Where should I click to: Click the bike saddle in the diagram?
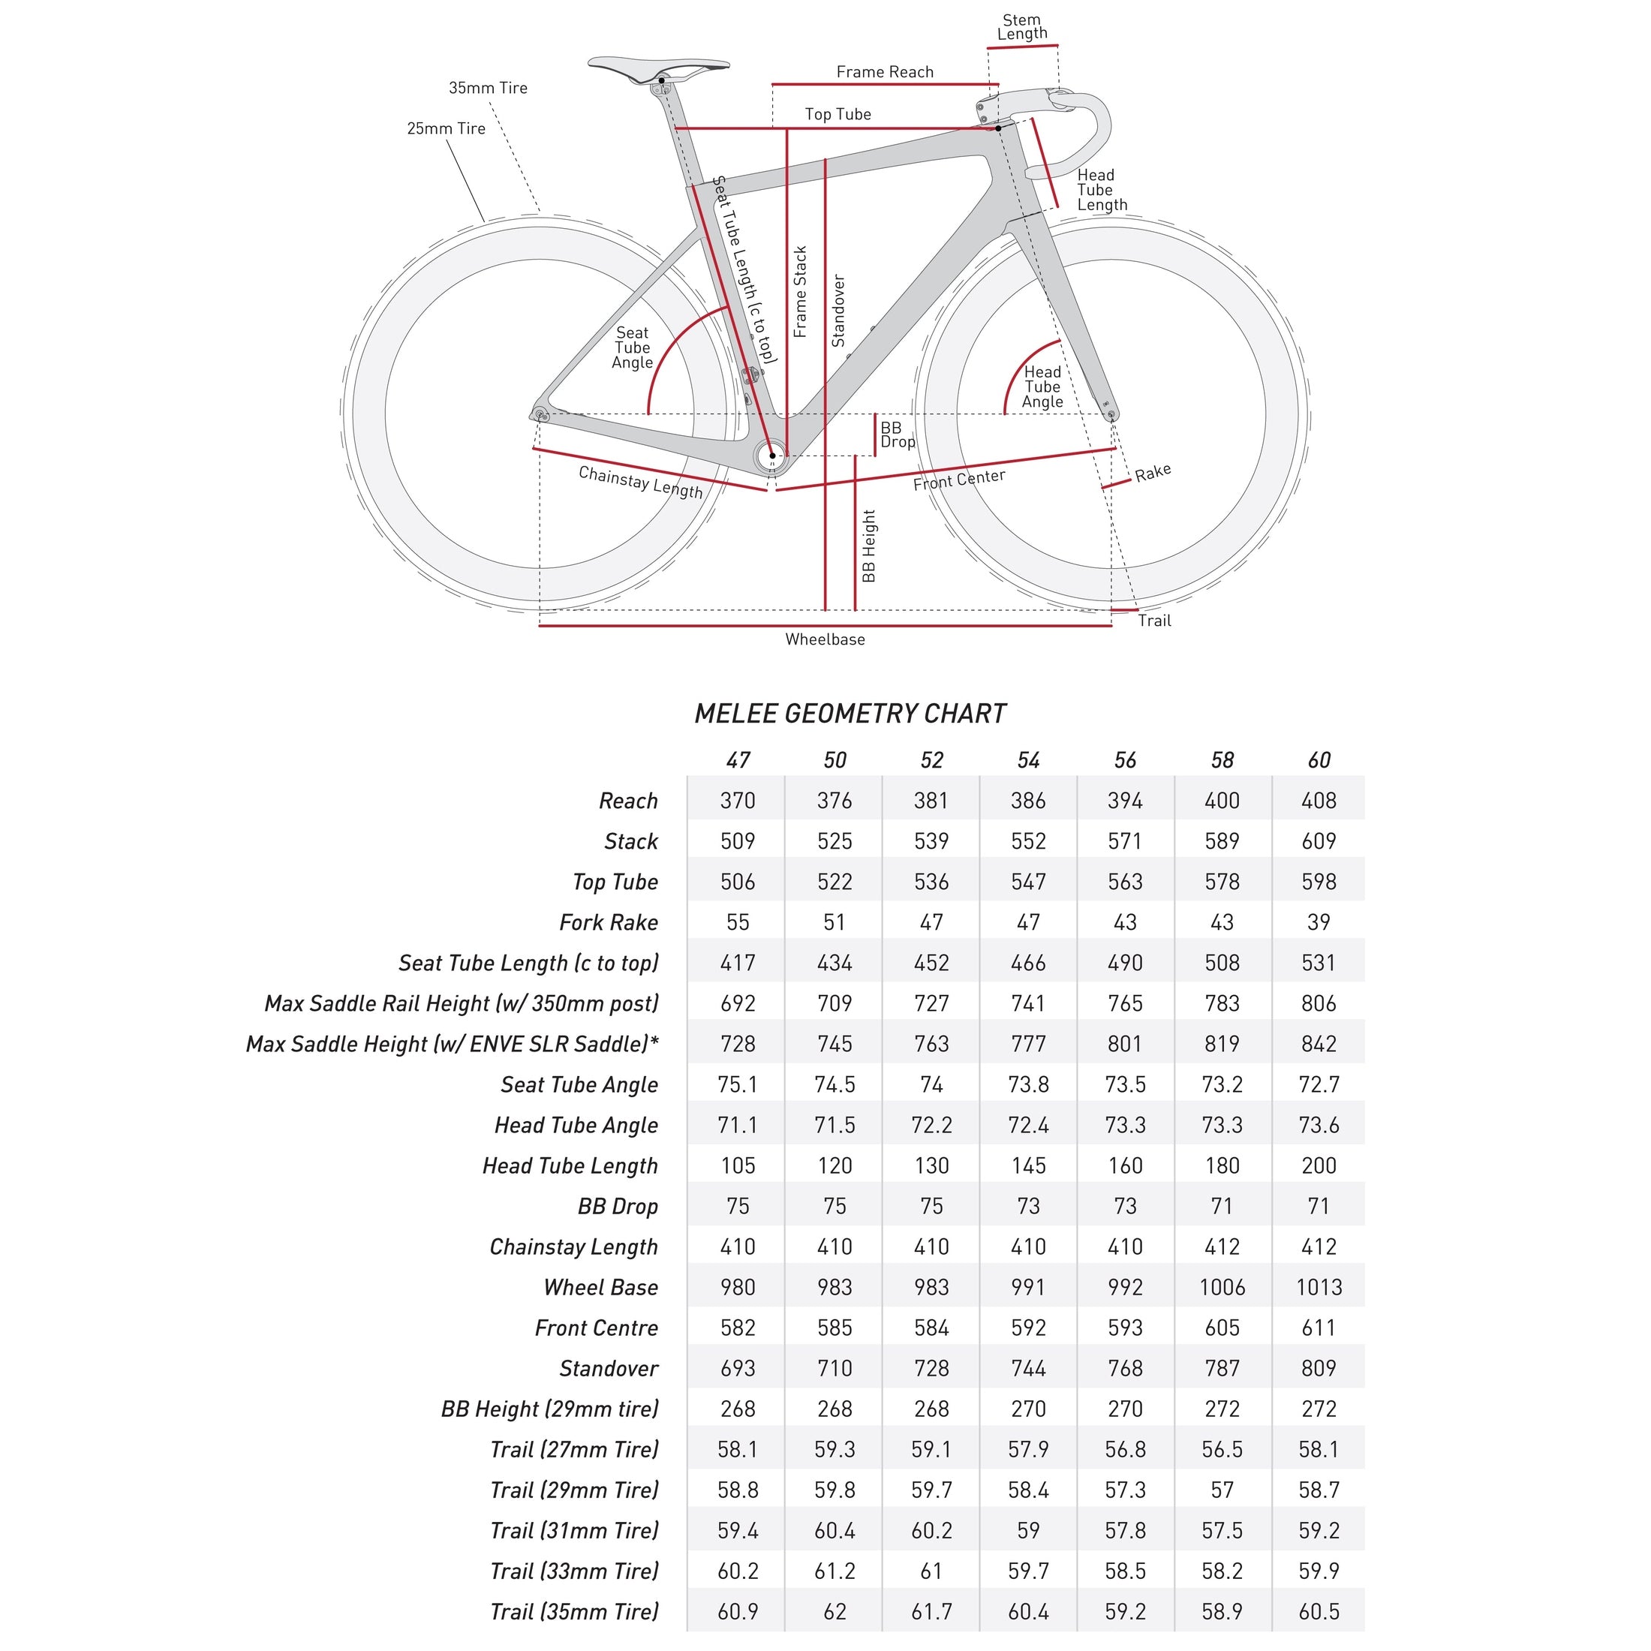click(x=658, y=68)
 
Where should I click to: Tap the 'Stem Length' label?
click(x=1022, y=26)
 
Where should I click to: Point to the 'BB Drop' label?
click(x=898, y=435)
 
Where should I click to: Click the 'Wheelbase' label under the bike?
click(x=825, y=639)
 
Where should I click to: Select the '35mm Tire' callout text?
click(x=488, y=88)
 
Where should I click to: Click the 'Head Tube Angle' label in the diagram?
click(x=1042, y=387)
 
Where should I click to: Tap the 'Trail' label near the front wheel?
click(x=1153, y=621)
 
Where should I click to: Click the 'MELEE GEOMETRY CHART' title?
click(x=850, y=714)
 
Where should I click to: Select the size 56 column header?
click(x=1125, y=760)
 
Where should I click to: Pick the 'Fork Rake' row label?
click(x=609, y=923)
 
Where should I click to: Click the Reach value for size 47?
click(x=738, y=801)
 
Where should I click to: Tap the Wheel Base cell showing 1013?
click(x=1319, y=1288)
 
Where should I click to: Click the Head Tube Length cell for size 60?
click(x=1319, y=1166)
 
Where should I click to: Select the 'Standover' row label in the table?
click(x=609, y=1369)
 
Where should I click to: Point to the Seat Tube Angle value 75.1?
click(x=738, y=1085)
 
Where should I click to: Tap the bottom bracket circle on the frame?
click(x=771, y=456)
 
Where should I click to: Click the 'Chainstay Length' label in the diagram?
click(x=640, y=483)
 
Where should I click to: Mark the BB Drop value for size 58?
click(x=1222, y=1207)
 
